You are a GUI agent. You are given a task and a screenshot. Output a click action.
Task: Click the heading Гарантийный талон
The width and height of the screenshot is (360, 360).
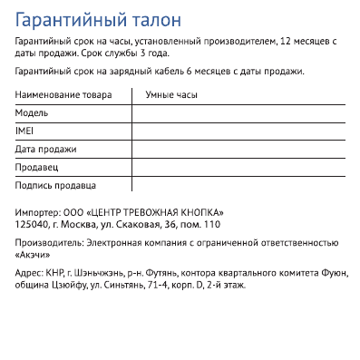pyautogui.click(x=98, y=19)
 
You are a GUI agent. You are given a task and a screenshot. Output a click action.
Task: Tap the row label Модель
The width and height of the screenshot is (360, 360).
pyautogui.click(x=32, y=112)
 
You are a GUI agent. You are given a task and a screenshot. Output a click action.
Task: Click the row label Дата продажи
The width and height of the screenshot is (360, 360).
pyautogui.click(x=46, y=149)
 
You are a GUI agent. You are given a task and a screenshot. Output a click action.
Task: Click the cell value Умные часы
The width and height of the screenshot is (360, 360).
pyautogui.click(x=171, y=94)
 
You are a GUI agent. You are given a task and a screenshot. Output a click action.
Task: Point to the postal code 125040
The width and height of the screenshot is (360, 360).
pyautogui.click(x=32, y=223)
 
